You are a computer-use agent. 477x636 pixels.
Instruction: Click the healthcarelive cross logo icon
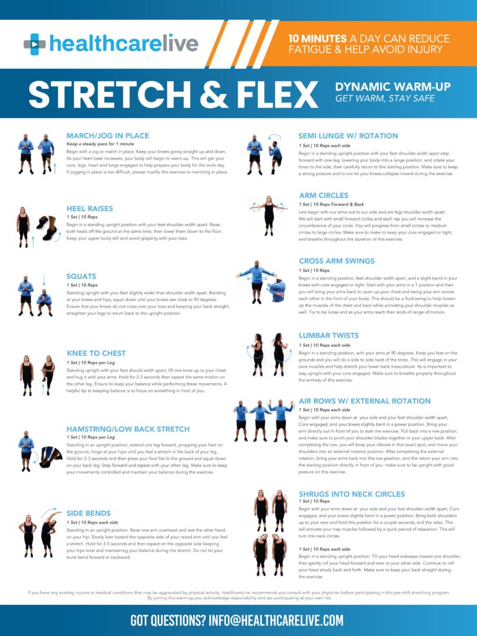coord(35,44)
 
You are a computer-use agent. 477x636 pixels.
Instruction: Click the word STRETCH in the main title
coord(109,95)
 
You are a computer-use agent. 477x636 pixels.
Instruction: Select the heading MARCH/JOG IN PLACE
coord(107,136)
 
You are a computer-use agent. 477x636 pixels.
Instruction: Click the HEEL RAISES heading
coord(89,209)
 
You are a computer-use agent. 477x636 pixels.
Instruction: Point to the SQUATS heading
coord(81,276)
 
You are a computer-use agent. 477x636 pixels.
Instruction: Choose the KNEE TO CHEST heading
coord(96,353)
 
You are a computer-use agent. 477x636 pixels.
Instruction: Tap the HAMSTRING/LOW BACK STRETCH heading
coord(128,429)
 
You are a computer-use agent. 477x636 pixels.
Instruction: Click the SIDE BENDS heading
coord(88,513)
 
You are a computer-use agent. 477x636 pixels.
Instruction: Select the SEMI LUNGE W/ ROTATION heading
coord(348,136)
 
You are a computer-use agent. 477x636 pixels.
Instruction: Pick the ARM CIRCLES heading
coord(324,196)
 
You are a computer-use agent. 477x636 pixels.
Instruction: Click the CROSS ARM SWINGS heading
coord(337,261)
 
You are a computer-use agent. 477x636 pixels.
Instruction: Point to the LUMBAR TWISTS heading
coord(329,335)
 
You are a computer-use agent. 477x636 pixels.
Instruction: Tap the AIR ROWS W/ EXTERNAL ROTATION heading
coord(365,401)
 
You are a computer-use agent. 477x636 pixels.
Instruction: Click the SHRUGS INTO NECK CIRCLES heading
coord(352,494)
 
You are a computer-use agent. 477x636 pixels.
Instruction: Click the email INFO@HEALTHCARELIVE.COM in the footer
coord(276,620)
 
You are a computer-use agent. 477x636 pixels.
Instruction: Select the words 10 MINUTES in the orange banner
coord(317,39)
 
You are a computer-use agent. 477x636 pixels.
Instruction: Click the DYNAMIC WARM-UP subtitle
coord(393,86)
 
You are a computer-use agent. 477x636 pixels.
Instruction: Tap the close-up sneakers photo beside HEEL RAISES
coord(48,229)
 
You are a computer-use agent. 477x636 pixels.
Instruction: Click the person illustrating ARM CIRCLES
coord(268,216)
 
